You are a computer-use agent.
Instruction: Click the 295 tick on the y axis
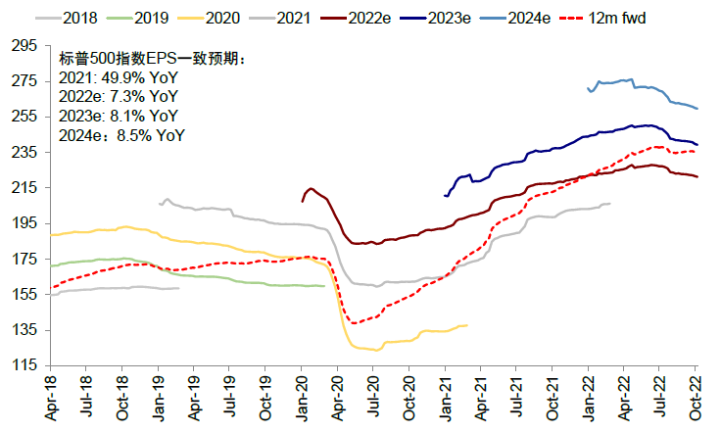point(23,45)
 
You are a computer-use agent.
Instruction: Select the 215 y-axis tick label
point(23,187)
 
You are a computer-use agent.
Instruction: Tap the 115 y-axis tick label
point(23,365)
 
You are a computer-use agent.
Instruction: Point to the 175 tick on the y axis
point(23,259)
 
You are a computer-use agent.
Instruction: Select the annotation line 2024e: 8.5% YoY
point(121,136)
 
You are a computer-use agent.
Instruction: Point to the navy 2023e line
point(549,152)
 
